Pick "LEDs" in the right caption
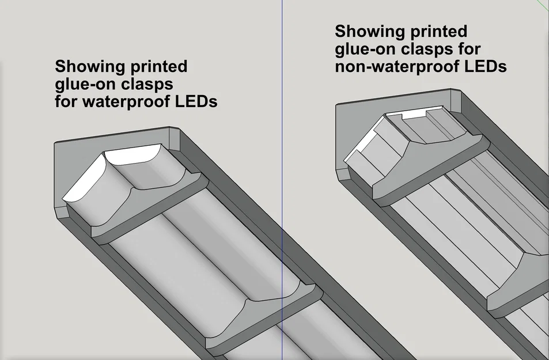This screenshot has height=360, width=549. coord(485,67)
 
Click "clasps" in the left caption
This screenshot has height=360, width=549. coord(147,85)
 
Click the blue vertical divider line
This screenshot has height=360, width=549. coord(282,173)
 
